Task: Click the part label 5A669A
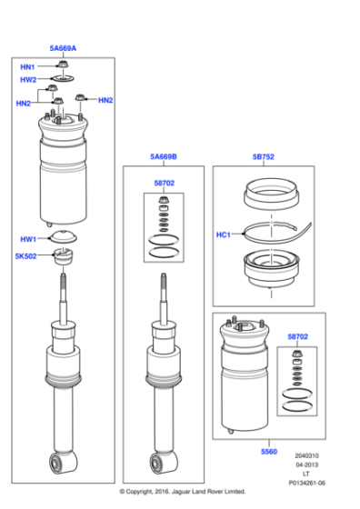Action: point(63,47)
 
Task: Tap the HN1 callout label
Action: point(27,67)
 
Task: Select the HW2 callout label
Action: point(28,80)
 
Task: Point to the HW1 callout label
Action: point(28,239)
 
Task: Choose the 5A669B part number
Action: point(164,157)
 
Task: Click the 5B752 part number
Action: point(263,156)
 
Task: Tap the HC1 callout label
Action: point(223,235)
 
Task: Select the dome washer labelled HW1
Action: point(63,238)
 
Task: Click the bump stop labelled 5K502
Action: point(64,258)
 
